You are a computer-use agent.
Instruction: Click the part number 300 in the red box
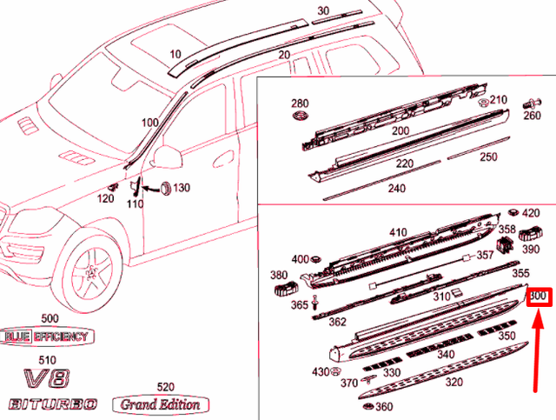(539, 297)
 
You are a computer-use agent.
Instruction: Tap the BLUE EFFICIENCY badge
(47, 337)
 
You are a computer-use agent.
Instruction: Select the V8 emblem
(46, 380)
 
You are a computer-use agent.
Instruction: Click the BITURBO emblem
(54, 404)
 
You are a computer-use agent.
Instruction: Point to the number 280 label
(299, 103)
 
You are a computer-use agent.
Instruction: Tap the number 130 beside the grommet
(181, 189)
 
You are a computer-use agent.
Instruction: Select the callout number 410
(398, 232)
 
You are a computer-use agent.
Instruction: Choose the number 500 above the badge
(50, 319)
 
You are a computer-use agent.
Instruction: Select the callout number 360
(383, 407)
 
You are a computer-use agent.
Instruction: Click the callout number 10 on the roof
(175, 54)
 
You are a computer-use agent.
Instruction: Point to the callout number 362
(337, 322)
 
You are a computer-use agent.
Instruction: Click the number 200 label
(400, 130)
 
